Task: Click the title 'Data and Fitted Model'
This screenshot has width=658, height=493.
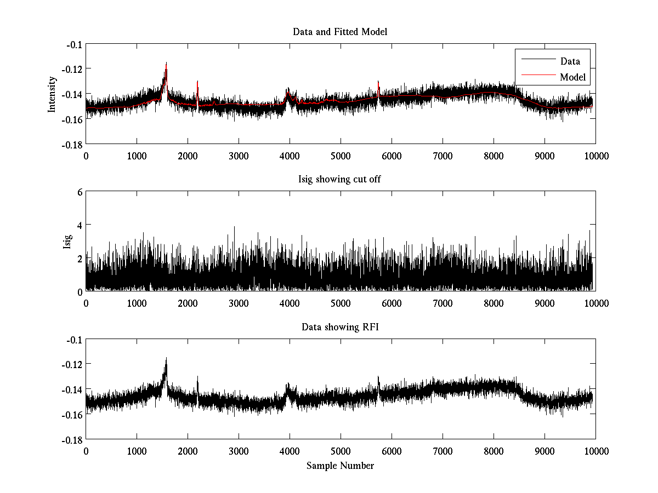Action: [x=340, y=32]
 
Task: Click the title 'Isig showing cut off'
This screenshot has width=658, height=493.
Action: [x=340, y=180]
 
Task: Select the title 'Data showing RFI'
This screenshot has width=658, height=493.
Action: [x=340, y=327]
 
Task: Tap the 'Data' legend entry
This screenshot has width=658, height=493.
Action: [x=570, y=61]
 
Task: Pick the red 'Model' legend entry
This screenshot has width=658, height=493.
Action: [x=572, y=77]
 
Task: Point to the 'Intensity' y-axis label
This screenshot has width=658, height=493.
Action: [x=52, y=94]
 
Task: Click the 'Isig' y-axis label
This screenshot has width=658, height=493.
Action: [x=67, y=242]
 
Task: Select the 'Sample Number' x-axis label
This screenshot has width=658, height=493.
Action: [x=340, y=466]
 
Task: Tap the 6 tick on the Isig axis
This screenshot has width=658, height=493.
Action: [x=80, y=192]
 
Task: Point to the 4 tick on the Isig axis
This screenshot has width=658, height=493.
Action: [x=80, y=225]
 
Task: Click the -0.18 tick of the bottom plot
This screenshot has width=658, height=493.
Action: [x=71, y=439]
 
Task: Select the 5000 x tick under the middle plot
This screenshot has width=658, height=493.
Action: [x=341, y=303]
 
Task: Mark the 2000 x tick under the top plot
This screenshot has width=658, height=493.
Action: [x=188, y=156]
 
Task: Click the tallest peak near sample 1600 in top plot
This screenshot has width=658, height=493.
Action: [x=166, y=64]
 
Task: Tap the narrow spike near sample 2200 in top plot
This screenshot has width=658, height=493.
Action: [x=197, y=82]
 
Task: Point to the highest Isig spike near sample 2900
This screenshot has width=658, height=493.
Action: [x=235, y=227]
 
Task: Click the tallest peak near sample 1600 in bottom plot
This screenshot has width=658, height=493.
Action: [x=166, y=359]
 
